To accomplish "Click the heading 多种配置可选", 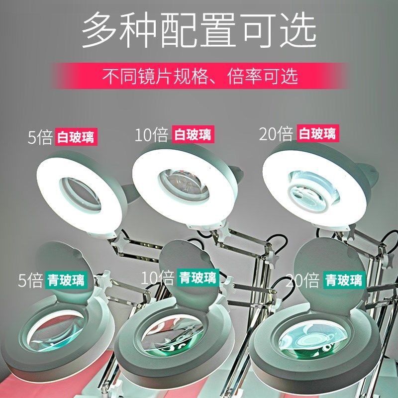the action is [x=199, y=30].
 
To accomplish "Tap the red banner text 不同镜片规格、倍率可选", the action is [x=200, y=76].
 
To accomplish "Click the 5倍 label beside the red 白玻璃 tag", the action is [x=40, y=137].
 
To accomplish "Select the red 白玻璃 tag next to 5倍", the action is [x=76, y=137].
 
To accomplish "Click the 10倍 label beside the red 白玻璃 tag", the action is [x=152, y=134].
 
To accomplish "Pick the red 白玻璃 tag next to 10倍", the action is [x=193, y=134].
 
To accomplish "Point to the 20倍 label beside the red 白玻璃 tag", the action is [x=276, y=133].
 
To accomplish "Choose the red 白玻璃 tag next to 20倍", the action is [x=318, y=133].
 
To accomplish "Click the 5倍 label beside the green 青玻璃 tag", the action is [x=30, y=280].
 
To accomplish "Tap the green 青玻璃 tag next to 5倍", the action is [x=66, y=280].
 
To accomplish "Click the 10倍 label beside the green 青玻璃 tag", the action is [x=157, y=278].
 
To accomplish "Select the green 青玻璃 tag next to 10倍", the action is [x=198, y=278].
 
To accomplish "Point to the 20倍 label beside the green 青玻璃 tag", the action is [x=302, y=280].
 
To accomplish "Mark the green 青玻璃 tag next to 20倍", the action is [x=344, y=280].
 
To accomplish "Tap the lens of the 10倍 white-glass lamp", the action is [x=184, y=186].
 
